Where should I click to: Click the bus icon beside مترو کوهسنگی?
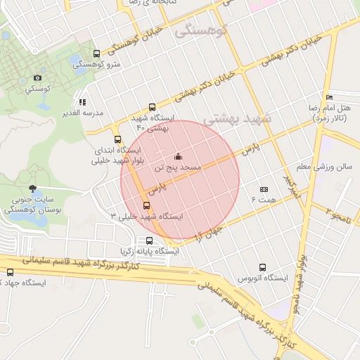(96, 54)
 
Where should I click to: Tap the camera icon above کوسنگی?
(38, 78)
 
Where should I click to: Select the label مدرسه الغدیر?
(83, 112)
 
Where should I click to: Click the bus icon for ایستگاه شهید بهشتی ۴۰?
(153, 107)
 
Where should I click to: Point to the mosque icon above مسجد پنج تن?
(179, 156)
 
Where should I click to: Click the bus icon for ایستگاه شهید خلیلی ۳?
(146, 205)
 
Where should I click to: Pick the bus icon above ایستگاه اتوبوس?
(263, 267)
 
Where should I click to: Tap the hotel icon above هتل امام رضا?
(328, 97)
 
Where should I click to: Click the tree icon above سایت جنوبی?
(32, 188)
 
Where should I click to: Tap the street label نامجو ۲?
(342, 210)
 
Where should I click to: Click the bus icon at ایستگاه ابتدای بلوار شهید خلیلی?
(117, 139)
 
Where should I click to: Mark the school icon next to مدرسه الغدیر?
(83, 102)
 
